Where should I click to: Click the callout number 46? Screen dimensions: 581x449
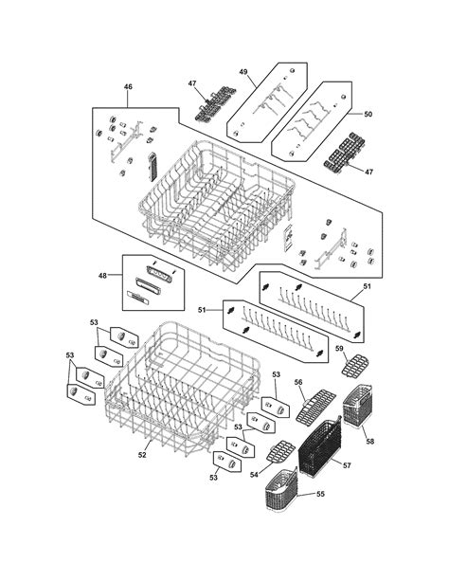click(128, 87)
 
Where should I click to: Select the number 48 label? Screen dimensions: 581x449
click(103, 275)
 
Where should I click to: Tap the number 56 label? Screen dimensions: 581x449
click(298, 383)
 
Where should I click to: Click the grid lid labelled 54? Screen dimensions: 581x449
click(277, 453)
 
